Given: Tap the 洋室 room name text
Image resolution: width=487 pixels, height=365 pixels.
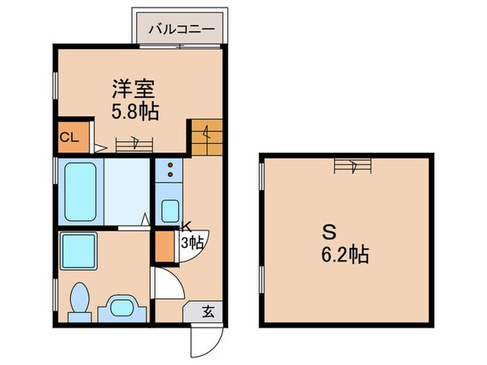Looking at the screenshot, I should (134, 88).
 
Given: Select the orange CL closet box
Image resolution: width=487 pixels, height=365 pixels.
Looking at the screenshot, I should (72, 137).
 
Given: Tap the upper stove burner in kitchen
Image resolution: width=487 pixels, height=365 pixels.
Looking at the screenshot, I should (170, 167).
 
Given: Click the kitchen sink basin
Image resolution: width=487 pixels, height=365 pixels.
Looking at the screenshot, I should (170, 209).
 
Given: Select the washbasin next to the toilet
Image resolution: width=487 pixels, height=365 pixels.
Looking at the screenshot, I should (123, 307).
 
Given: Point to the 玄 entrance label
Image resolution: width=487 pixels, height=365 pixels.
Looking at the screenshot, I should (208, 312).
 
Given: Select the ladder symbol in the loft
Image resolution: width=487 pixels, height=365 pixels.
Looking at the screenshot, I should (353, 165).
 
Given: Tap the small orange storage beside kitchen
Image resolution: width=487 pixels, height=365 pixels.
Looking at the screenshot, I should (165, 245).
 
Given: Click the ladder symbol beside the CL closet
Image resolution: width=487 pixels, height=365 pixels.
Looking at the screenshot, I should (134, 145).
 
